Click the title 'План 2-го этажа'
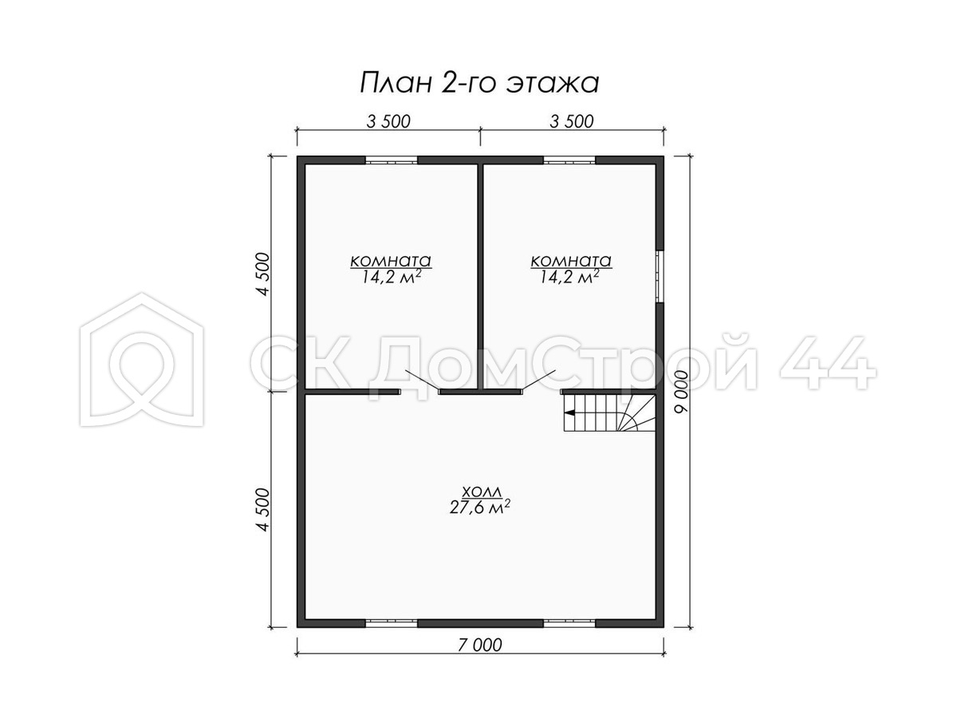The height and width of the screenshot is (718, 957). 479,83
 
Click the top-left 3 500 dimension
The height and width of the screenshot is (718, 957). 388,121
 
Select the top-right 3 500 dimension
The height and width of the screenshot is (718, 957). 572,121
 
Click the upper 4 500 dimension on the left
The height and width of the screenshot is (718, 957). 264,274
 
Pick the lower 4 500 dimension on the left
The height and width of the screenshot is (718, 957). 264,510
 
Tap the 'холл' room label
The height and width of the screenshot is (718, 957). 482,492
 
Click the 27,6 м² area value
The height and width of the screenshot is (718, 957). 479,507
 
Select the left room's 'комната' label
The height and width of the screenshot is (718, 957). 391,261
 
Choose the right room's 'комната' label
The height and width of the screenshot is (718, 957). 571,261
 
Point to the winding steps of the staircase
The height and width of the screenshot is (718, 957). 636,416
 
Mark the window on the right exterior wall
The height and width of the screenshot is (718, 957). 660,276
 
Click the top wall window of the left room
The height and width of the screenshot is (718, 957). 391,160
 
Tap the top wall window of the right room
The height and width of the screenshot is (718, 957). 569,160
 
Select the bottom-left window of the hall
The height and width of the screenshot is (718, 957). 391,623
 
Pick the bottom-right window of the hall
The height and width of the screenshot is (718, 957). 569,623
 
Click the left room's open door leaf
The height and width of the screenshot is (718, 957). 422,381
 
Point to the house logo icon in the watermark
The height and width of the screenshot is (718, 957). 142,360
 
